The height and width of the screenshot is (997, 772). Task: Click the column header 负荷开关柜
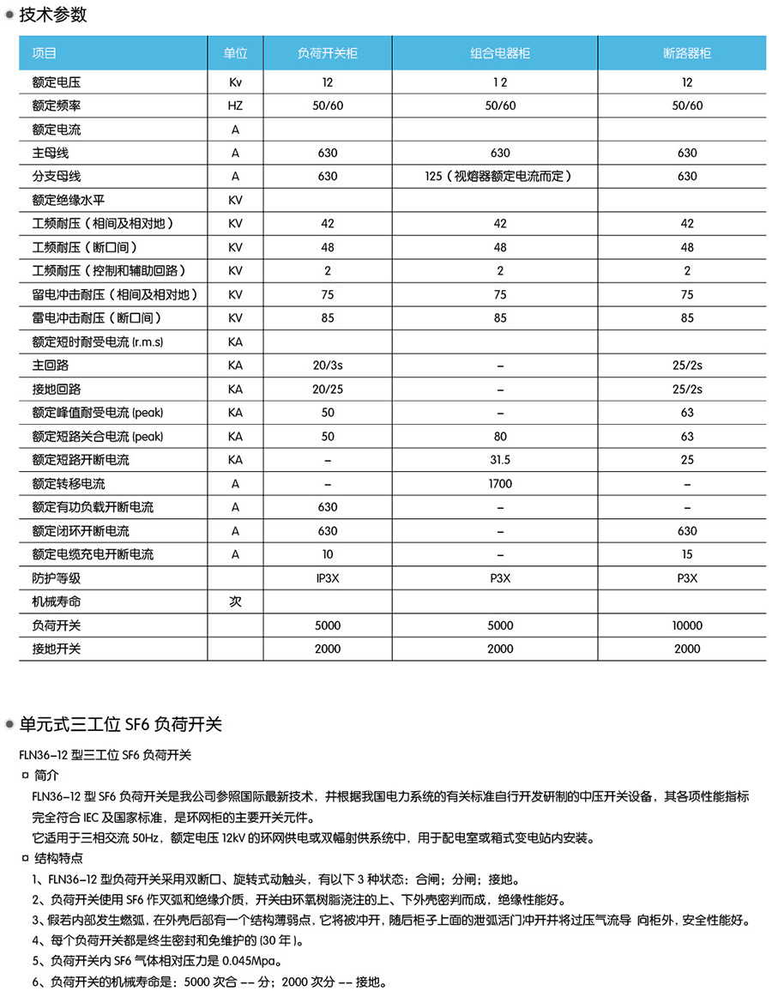coord(328,53)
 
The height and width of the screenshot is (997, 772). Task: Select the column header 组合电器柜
coord(500,53)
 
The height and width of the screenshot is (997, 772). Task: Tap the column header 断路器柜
coord(687,53)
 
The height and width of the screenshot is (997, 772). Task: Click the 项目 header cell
coord(45,53)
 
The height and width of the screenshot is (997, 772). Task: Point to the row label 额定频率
coord(57,106)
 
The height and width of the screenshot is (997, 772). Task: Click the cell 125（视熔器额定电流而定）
coord(500,177)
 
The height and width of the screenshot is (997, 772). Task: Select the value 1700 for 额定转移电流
coord(500,484)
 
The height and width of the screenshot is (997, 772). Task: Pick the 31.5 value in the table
coord(500,460)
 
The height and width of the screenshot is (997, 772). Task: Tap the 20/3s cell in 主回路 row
coord(328,366)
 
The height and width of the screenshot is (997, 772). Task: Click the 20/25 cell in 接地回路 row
coord(328,390)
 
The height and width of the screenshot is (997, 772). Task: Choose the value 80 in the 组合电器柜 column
coord(500,437)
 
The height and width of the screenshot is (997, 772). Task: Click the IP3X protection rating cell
coord(328,578)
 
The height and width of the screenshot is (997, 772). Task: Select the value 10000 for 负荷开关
coord(687,625)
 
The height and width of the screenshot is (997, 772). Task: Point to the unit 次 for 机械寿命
coord(235,601)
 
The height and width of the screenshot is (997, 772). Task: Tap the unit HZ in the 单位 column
coord(235,106)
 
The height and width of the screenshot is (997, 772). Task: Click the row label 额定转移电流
coord(69,484)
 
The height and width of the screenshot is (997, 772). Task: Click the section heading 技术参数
coord(52,15)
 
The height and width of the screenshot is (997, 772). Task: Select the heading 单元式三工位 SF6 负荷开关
coord(120,725)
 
